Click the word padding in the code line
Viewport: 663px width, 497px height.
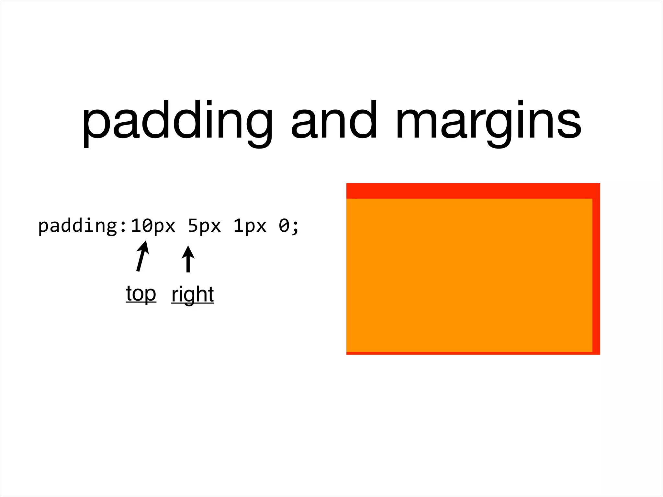pyautogui.click(x=78, y=226)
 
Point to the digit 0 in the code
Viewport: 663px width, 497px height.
pyautogui.click(x=284, y=226)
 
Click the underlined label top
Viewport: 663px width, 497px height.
pyautogui.click(x=141, y=294)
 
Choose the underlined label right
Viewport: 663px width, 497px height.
pyautogui.click(x=193, y=294)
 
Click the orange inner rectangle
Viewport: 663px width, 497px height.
pyautogui.click(x=469, y=275)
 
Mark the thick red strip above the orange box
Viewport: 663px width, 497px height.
pyautogui.click(x=473, y=191)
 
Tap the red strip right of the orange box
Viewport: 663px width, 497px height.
pyautogui.click(x=596, y=275)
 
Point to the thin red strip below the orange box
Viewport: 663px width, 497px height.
pyautogui.click(x=469, y=353)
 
